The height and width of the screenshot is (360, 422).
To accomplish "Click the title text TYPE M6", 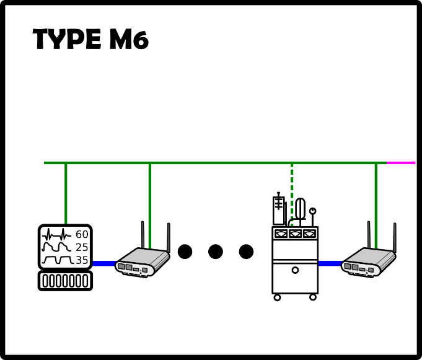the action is click(x=90, y=39).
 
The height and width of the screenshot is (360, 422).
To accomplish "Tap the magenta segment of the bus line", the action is click(x=401, y=163).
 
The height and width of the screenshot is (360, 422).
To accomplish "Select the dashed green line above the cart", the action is click(x=292, y=195).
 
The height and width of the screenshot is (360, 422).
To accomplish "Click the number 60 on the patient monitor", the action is click(x=82, y=234).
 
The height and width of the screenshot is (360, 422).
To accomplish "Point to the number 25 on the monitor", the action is click(x=82, y=247).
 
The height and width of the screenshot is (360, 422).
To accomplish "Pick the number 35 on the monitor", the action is click(x=82, y=260).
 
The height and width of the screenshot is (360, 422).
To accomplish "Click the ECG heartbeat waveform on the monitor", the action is click(x=56, y=234).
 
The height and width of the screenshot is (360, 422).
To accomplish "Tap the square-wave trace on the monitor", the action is click(x=58, y=260).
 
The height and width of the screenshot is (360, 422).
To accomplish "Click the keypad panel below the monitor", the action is click(x=66, y=281).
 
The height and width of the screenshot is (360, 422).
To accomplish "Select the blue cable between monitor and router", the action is click(x=105, y=263).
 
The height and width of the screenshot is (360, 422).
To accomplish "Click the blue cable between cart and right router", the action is click(x=330, y=263).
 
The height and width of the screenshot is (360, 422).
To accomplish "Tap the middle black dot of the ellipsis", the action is click(x=216, y=252).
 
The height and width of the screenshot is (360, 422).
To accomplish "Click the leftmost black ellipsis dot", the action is click(x=185, y=252).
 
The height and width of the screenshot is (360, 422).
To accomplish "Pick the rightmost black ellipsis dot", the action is click(x=246, y=252).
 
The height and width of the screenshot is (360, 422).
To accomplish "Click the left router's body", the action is click(x=143, y=262).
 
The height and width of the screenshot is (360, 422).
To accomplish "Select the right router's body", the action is click(x=369, y=262).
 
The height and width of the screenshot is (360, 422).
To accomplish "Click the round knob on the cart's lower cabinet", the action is click(x=295, y=270).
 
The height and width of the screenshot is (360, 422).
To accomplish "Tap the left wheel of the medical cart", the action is click(x=277, y=297).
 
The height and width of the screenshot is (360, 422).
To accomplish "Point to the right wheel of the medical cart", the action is click(x=313, y=297).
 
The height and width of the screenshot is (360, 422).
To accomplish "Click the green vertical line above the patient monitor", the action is click(x=66, y=194).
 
